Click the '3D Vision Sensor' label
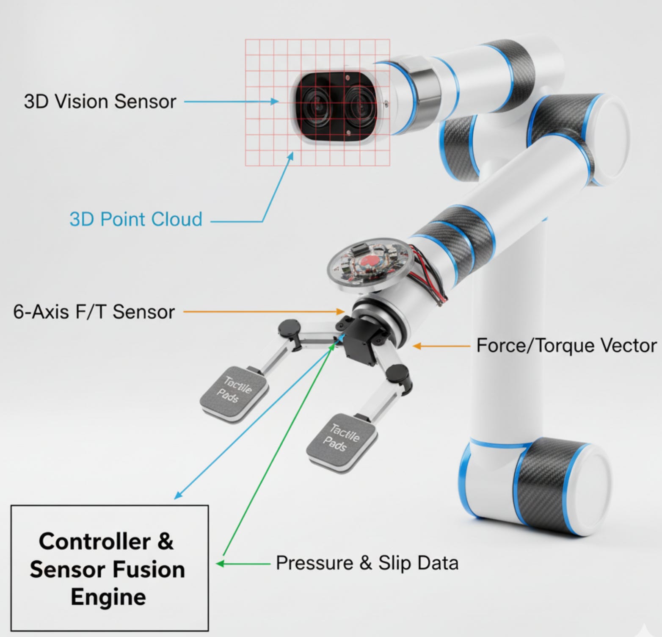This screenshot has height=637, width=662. click(x=100, y=102)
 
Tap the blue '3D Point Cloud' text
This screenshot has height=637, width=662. click(x=136, y=219)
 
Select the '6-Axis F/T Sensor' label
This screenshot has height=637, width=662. click(x=94, y=312)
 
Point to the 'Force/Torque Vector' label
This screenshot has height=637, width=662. click(x=566, y=346)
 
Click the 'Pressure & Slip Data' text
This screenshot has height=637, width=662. click(x=367, y=563)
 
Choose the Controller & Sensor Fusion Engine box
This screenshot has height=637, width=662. click(x=109, y=568)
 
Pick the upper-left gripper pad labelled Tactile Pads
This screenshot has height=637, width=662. click(x=234, y=392)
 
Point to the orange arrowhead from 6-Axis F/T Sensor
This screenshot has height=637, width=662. click(x=342, y=312)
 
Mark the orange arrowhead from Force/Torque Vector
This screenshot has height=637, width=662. click(x=417, y=346)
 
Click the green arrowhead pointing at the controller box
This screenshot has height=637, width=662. click(x=220, y=564)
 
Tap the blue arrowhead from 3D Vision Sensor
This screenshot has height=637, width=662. click(x=276, y=102)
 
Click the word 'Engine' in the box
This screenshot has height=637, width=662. click(x=108, y=597)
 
